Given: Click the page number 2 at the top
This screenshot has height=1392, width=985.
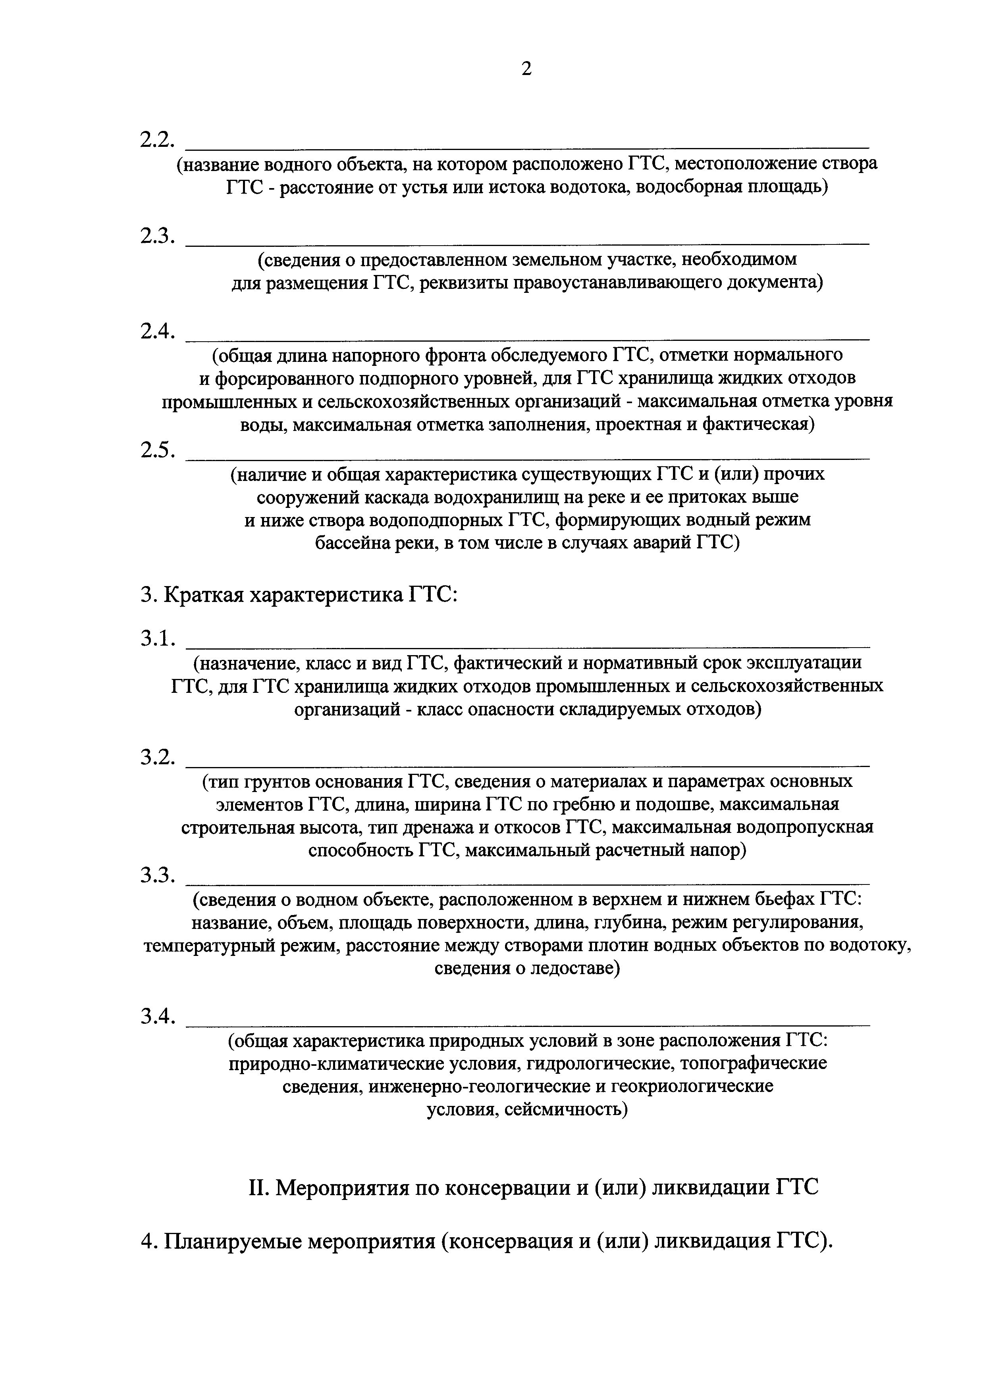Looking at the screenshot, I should click(526, 69).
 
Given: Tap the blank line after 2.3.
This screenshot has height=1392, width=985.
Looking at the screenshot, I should click(526, 243).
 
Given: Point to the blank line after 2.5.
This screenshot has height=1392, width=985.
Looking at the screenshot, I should click(526, 458).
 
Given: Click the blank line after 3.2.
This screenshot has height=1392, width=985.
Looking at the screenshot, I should click(526, 766).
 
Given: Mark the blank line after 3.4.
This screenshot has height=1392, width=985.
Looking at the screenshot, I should click(526, 1025).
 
